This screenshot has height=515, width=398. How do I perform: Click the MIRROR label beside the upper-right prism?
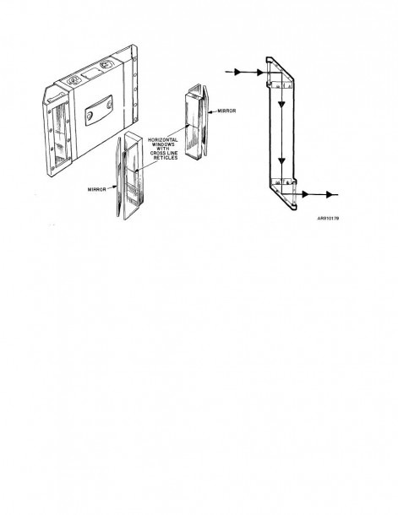click(x=226, y=111)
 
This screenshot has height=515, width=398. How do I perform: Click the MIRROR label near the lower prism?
click(x=96, y=189)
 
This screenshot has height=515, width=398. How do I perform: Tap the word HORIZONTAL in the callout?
click(x=163, y=140)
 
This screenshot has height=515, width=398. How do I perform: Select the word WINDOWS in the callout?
click(x=163, y=144)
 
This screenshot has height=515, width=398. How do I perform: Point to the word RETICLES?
click(x=166, y=158)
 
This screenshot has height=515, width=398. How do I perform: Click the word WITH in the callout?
click(x=163, y=149)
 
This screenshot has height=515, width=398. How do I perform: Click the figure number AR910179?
click(x=328, y=218)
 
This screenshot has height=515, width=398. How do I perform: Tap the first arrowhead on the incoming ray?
click(x=237, y=72)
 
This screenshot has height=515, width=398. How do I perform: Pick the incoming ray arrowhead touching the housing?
click(x=260, y=73)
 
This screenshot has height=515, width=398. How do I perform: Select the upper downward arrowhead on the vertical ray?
click(x=281, y=104)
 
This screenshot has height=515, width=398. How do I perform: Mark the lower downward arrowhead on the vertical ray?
click(x=281, y=161)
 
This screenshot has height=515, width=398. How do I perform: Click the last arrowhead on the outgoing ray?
click(x=330, y=194)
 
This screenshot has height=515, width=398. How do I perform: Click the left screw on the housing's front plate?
click(x=90, y=116)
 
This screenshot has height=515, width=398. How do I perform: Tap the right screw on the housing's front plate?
click(x=108, y=106)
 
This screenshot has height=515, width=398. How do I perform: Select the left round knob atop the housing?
click(x=74, y=80)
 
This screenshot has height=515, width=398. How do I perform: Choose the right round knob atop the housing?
click(x=106, y=63)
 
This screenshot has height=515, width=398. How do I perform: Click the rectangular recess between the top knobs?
click(x=90, y=73)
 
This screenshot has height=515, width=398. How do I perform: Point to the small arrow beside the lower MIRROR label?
click(x=112, y=187)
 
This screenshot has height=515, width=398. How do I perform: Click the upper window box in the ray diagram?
click(x=282, y=85)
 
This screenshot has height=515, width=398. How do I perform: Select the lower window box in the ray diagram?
click(x=282, y=182)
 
